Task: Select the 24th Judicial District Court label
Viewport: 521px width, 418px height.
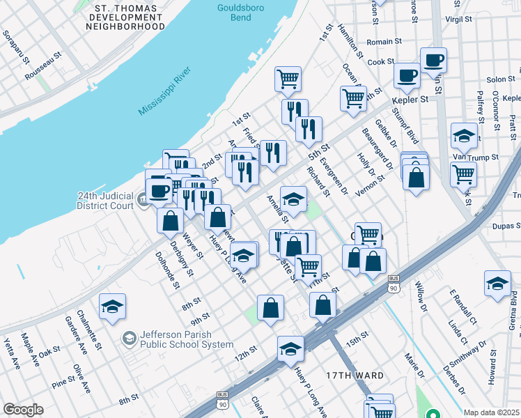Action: coord(105,201)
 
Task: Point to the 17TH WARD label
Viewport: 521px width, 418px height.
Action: coord(355,376)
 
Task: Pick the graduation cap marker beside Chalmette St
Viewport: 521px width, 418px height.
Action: coord(112,307)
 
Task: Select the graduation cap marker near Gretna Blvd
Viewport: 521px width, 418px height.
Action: coord(497,283)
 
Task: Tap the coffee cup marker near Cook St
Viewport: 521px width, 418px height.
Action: coord(433,61)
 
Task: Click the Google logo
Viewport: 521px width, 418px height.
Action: coord(23,410)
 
